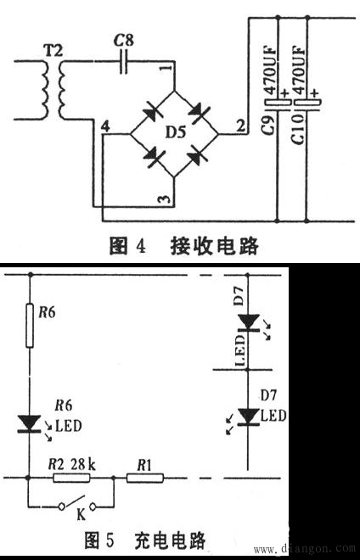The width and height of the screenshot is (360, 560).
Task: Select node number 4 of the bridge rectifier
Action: point(104,126)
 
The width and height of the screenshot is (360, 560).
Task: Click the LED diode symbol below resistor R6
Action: point(31,422)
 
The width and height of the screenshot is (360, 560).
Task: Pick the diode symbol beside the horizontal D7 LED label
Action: point(248,416)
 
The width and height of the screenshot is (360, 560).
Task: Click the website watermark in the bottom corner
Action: point(302,549)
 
